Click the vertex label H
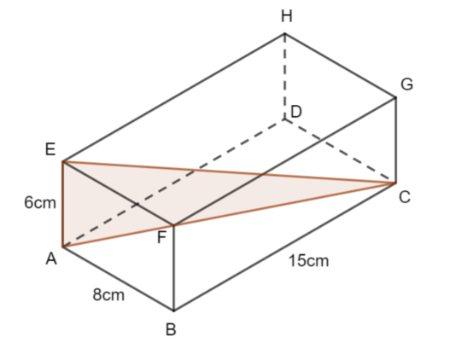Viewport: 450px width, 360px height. (x=287, y=16)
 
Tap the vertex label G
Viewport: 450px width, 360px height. (x=407, y=84)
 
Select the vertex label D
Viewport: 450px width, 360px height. (x=296, y=112)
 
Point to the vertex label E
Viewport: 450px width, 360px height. (x=50, y=149)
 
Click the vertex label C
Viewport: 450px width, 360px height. (x=405, y=197)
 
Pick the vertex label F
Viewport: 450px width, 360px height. (x=162, y=237)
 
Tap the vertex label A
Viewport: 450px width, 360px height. (x=51, y=259)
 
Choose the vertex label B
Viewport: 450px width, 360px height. (x=171, y=329)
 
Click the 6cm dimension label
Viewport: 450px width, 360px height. (x=40, y=203)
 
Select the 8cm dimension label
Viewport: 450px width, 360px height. (x=108, y=294)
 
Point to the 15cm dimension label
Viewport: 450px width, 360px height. (x=308, y=261)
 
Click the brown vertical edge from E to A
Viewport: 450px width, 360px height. (x=62, y=204)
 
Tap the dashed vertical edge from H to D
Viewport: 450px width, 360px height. (x=284, y=77)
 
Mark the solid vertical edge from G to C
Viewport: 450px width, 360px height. (x=395, y=140)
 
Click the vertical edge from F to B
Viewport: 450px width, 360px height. (x=173, y=268)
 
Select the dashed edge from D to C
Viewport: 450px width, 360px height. (x=340, y=151)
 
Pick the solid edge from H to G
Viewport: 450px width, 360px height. (x=340, y=66)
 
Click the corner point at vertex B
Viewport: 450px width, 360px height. (x=173, y=311)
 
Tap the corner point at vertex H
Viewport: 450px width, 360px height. (x=284, y=34)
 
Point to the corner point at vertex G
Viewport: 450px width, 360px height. (x=395, y=98)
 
